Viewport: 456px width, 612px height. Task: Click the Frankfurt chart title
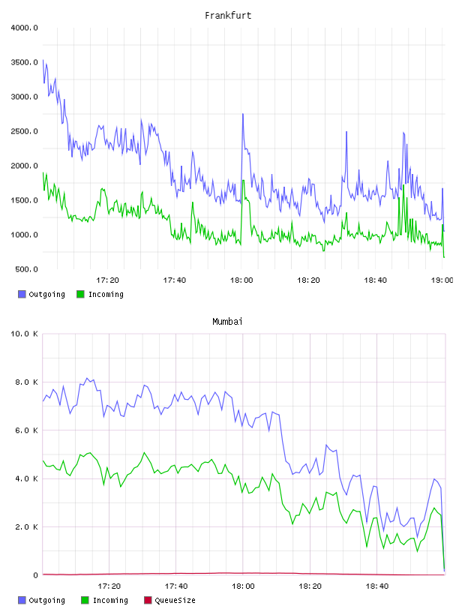[228, 15]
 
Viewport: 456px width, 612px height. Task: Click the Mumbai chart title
[227, 321]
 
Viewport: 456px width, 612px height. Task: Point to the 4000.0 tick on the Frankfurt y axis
[24, 28]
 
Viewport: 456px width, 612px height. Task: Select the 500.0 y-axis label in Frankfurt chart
[26, 269]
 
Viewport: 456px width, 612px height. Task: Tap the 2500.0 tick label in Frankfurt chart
[24, 131]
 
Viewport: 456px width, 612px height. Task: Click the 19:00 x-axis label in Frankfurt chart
[442, 280]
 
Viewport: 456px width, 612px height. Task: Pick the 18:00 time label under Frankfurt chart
[241, 280]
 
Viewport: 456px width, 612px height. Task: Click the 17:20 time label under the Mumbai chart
[109, 586]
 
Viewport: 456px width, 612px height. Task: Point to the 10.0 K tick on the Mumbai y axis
[24, 334]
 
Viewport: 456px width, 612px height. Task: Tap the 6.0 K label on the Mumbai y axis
[26, 430]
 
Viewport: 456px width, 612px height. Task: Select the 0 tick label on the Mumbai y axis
[35, 575]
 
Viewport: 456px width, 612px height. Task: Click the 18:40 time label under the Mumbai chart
[376, 586]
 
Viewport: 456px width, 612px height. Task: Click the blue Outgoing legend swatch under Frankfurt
[22, 294]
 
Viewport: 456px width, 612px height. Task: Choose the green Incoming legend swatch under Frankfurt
[80, 294]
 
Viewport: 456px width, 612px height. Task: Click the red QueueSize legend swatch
[148, 600]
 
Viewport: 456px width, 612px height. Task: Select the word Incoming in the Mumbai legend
[110, 600]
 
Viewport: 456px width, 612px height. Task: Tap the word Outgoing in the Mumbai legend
[46, 600]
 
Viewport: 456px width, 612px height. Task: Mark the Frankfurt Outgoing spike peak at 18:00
[243, 114]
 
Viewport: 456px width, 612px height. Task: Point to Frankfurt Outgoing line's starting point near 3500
[43, 60]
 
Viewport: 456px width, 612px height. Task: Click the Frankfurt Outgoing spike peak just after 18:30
[346, 132]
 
